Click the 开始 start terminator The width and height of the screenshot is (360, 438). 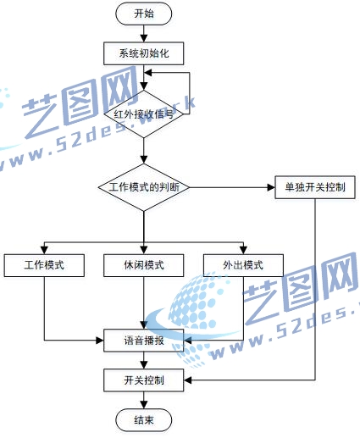[144, 14]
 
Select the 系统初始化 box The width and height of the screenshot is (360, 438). [144, 53]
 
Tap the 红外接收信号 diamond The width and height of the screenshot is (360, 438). [144, 114]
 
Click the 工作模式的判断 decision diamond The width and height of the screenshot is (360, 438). [144, 187]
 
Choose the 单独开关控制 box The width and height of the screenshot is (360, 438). [315, 187]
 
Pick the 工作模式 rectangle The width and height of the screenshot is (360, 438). [44, 265]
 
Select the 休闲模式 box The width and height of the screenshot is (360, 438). [144, 265]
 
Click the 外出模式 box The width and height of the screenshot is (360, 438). [243, 265]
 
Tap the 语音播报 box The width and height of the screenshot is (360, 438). [144, 341]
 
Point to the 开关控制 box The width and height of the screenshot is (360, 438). [144, 380]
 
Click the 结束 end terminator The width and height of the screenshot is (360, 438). [144, 420]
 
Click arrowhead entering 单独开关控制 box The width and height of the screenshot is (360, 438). [271, 187]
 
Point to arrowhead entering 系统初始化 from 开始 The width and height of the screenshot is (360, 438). [144, 39]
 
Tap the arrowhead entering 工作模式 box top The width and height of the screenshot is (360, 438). [44, 250]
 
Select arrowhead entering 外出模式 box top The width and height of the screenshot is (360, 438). [243, 250]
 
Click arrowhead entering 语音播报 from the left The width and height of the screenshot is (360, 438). [100, 341]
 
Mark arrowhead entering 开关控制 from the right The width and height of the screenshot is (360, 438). [188, 380]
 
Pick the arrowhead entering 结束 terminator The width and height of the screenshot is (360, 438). [144, 405]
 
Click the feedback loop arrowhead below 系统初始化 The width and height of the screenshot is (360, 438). [148, 73]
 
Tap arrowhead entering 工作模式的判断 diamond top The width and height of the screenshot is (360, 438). [144, 160]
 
